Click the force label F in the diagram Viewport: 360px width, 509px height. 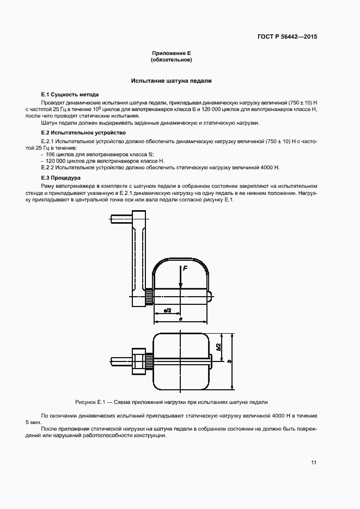(185, 268)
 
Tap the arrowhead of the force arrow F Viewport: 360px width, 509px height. (180, 286)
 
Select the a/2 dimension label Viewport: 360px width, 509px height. (167, 310)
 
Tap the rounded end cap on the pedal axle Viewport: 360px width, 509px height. (210, 296)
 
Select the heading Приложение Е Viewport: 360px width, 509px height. (171, 53)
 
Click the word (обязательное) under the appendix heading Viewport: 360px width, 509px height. (171, 60)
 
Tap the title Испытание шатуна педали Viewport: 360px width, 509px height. (171, 81)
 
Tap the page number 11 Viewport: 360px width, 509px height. (314, 463)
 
